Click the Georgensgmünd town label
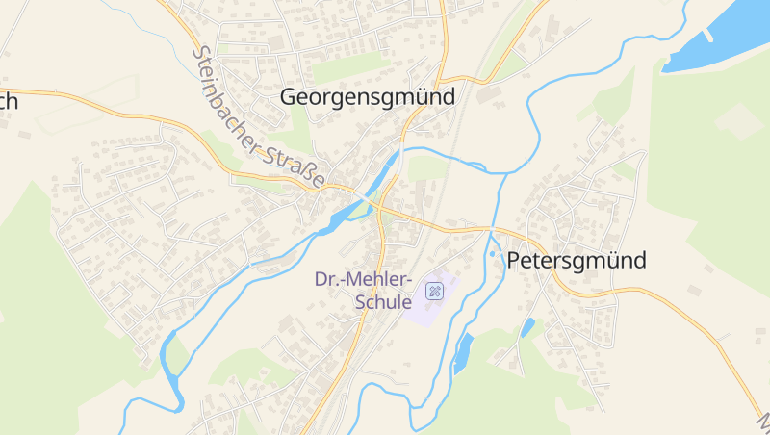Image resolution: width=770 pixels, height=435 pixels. coord(367,96)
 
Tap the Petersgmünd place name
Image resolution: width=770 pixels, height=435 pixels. coord(577,260)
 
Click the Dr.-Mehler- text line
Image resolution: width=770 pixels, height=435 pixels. coord(363,279)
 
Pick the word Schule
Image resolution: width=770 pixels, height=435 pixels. coord(384,301)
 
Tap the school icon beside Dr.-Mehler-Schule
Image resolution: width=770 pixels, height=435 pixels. coord(434,290)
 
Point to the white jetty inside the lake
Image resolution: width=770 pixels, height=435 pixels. coord(707,35)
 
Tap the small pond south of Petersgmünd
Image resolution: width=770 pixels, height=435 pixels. coord(527,327)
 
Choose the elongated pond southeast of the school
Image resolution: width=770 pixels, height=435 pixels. coord(463,353)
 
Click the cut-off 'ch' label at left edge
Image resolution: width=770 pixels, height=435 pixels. coord(9,102)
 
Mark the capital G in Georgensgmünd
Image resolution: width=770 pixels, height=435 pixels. coord(290,96)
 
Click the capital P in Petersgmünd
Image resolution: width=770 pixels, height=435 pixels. coord(514,260)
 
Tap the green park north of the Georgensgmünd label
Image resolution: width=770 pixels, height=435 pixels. coord(346,66)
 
